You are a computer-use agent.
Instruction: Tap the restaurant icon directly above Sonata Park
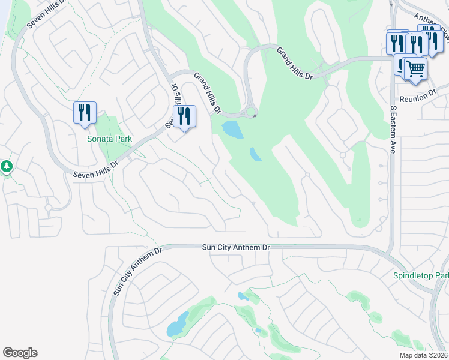point(85,113)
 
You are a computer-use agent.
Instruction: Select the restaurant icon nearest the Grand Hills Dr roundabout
point(184,116)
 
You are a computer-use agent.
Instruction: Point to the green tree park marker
point(7,166)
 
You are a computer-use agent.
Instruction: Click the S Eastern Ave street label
point(394,130)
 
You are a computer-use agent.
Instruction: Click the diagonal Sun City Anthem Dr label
point(137,271)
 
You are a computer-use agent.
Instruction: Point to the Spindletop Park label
point(420,276)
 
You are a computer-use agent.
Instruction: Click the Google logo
point(20,353)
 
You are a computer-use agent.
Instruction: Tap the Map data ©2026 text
point(423,355)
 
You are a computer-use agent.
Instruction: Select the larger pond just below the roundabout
point(232,130)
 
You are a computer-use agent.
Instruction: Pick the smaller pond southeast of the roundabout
point(255,154)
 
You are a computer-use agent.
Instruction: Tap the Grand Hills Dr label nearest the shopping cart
point(295,63)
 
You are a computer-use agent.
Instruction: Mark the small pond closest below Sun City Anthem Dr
point(243,296)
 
